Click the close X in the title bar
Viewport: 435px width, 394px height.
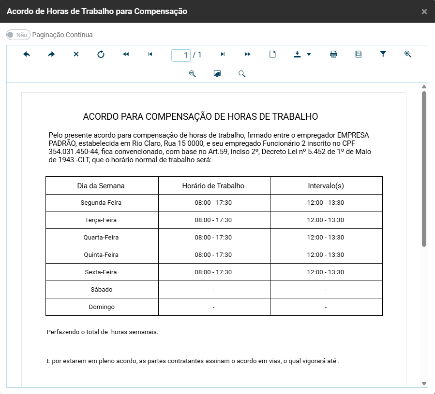[x=424, y=12]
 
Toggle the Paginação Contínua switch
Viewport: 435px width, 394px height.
[x=18, y=35]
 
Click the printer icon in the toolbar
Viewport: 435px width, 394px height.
[x=333, y=55]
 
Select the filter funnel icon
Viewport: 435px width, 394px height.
[x=383, y=55]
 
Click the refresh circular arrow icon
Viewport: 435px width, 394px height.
[x=101, y=55]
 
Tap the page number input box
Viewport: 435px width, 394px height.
[x=181, y=55]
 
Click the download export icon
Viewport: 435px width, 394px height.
[x=298, y=55]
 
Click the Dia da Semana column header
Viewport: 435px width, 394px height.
[x=101, y=185]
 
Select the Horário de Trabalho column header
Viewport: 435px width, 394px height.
[x=213, y=185]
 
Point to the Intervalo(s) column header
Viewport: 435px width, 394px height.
[x=326, y=185]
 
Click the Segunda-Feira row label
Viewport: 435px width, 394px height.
[x=101, y=203]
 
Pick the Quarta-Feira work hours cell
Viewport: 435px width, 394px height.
[x=213, y=238]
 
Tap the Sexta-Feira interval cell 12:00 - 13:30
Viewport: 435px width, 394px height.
[x=326, y=272]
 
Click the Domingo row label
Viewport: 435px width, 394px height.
[x=102, y=307]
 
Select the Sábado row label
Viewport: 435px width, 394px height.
[x=101, y=290]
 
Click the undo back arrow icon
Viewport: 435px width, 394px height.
[x=27, y=55]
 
